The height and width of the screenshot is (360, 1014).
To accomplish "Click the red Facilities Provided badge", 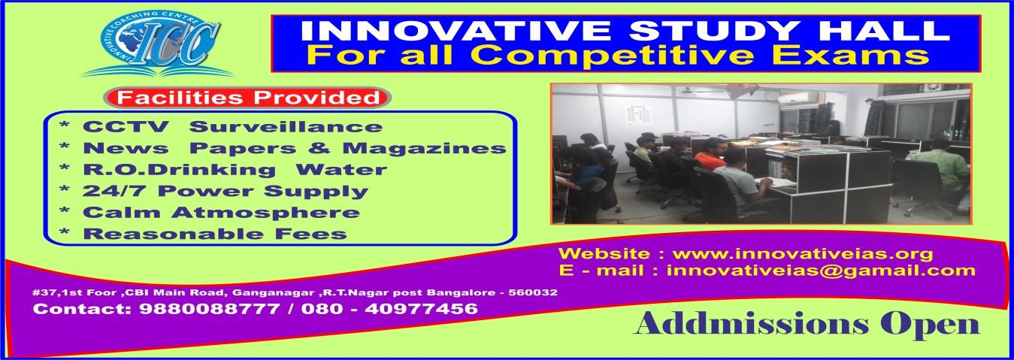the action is (x=247, y=98).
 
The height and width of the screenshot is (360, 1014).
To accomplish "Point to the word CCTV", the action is (x=126, y=127).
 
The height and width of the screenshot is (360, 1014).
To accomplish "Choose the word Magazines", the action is (x=424, y=149).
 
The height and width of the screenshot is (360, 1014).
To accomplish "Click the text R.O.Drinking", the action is (x=179, y=170).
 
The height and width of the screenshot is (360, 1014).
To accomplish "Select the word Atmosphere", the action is (x=266, y=213).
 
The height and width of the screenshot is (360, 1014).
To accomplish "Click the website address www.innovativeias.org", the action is (x=803, y=253).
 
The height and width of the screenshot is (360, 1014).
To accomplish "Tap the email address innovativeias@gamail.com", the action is (x=821, y=271).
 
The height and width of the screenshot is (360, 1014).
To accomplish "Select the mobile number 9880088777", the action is (x=210, y=309).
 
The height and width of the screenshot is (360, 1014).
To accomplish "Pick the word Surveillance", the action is (x=286, y=127).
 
